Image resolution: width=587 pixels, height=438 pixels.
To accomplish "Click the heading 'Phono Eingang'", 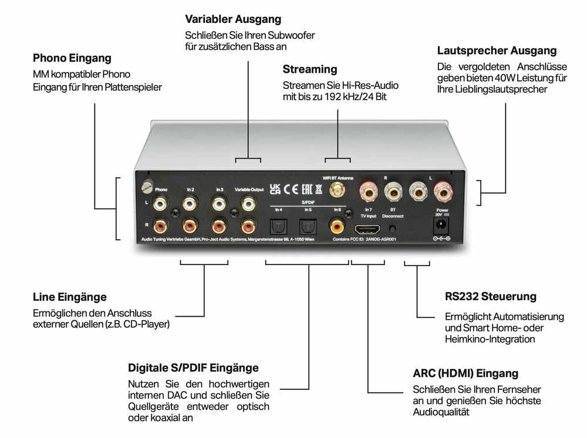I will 72,59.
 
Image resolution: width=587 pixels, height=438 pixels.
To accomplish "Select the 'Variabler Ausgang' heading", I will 233,20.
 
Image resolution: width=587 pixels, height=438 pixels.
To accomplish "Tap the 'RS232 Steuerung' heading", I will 491,297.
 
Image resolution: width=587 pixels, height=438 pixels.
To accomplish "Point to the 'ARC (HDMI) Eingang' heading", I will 465,374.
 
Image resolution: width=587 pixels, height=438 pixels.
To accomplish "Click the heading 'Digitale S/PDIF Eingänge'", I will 193,368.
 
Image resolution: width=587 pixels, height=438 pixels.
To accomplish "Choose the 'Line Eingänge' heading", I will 70,297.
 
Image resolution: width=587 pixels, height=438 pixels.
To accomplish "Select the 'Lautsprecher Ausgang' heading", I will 497,51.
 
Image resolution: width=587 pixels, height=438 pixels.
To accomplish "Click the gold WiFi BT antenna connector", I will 338,189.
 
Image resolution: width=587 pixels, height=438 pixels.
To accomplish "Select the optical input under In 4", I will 276,226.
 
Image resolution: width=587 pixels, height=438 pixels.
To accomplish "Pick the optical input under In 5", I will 308,226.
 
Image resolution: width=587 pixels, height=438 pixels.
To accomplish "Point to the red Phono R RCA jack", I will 160,226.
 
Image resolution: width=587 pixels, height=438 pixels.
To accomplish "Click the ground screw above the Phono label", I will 147,188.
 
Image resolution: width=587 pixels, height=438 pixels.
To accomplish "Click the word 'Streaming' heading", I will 310,69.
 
